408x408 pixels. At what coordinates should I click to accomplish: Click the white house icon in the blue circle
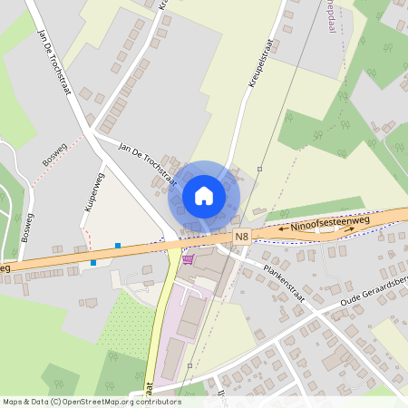204,195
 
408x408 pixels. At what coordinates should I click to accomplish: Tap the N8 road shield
240,237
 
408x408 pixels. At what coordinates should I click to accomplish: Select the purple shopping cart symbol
188,259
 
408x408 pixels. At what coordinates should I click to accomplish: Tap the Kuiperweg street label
90,191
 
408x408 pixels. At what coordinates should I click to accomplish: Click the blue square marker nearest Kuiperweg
117,245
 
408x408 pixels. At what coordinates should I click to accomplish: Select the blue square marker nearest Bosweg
93,263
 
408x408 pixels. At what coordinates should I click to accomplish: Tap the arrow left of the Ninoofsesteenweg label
283,230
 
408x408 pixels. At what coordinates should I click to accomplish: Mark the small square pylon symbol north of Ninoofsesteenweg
259,169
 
